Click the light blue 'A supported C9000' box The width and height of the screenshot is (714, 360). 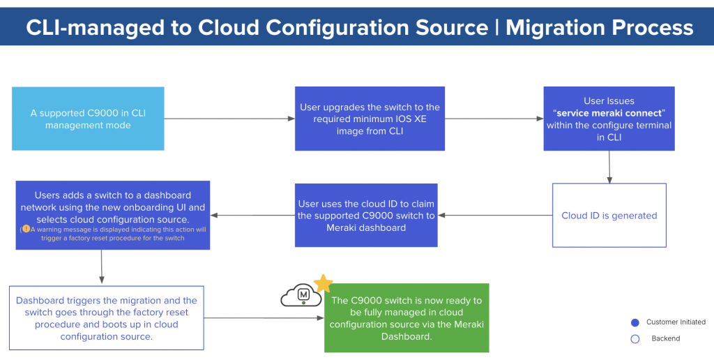(88, 119)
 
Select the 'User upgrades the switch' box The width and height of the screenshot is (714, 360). (370, 119)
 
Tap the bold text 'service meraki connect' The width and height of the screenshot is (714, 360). (609, 113)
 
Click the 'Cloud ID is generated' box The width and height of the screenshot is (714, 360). (609, 216)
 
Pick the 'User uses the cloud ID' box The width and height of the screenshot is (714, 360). (366, 215)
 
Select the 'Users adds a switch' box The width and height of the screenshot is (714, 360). (112, 215)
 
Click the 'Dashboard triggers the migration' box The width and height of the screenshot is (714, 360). (107, 317)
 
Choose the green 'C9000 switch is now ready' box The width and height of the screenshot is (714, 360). (407, 317)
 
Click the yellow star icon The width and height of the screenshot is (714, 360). (323, 283)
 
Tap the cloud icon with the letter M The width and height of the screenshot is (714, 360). (301, 296)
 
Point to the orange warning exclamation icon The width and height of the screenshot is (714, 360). (26, 229)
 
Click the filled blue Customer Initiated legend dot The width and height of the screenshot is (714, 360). (635, 322)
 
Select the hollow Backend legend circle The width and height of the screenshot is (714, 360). (635, 338)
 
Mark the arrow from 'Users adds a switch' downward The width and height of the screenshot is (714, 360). (102, 266)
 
